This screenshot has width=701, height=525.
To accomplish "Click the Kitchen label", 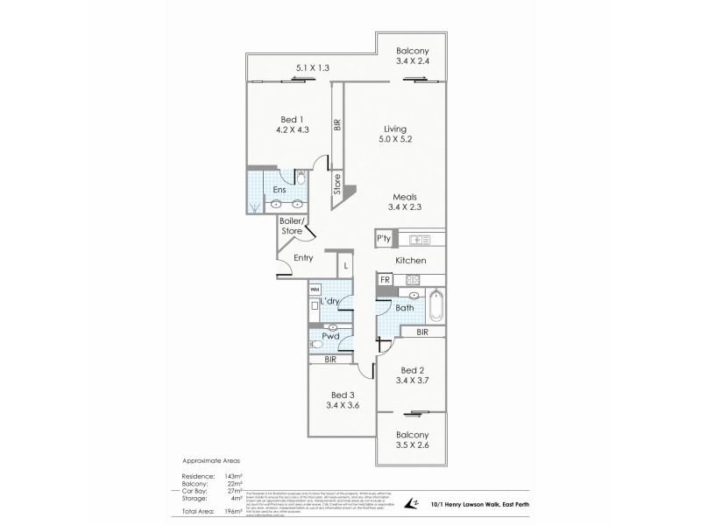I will pyautogui.click(x=410, y=261).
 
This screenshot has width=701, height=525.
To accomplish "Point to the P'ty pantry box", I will pyautogui.click(x=384, y=238).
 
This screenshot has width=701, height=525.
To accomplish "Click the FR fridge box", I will pyautogui.click(x=384, y=279).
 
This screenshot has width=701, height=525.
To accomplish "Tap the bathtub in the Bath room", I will pyautogui.click(x=437, y=307).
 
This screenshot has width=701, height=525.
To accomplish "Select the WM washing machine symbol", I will pyautogui.click(x=315, y=289).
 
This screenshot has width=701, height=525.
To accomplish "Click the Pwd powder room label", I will pyautogui.click(x=331, y=336).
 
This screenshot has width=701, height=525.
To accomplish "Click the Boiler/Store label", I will pyautogui.click(x=292, y=226).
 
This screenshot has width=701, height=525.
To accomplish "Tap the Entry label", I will pyautogui.click(x=303, y=257).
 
